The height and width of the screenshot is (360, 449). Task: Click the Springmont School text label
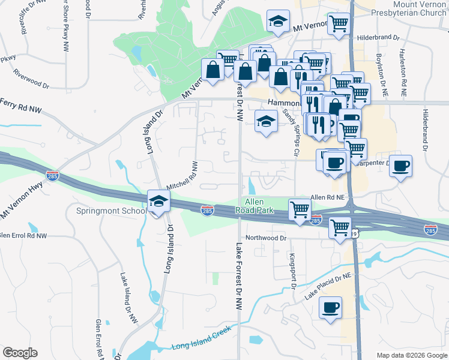(x=111, y=211)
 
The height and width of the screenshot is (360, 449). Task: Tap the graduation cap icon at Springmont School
(x=158, y=201)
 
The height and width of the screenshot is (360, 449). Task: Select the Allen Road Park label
(x=259, y=206)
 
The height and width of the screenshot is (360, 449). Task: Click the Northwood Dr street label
(x=266, y=238)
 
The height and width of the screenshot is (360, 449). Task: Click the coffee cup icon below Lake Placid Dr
(x=330, y=308)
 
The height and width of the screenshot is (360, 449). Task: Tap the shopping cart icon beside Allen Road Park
(x=300, y=209)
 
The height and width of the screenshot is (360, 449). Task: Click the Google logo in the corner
(x=20, y=353)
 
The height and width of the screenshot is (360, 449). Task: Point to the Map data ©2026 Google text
(x=412, y=355)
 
